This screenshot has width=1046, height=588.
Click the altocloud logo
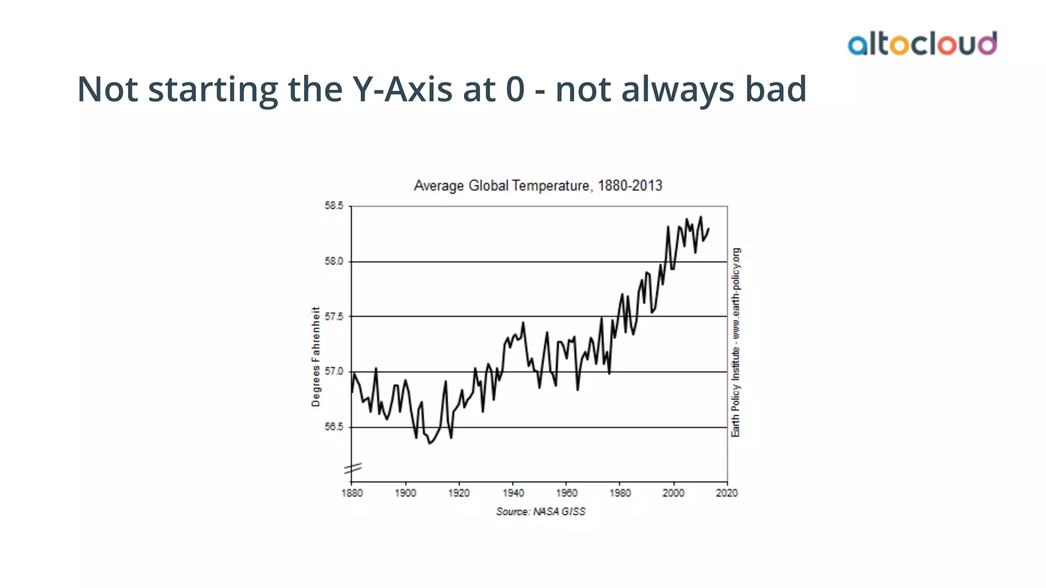tap(922, 43)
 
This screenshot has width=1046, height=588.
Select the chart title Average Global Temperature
tap(538, 185)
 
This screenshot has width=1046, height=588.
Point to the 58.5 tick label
tap(334, 206)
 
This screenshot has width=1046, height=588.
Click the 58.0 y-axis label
tap(334, 261)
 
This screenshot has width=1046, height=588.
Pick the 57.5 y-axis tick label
tap(334, 316)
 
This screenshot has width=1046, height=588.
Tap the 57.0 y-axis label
tap(334, 372)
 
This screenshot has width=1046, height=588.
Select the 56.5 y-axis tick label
tap(334, 427)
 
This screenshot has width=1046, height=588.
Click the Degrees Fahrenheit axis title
tap(316, 356)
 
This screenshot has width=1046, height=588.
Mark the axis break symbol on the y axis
tap(352, 469)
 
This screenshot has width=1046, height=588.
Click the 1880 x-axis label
tap(352, 493)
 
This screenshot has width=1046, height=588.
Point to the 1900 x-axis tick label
tap(406, 493)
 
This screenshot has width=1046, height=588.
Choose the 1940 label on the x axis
tap(513, 493)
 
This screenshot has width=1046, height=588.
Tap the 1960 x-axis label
tap(566, 493)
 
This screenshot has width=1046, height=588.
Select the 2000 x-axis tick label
tap(673, 493)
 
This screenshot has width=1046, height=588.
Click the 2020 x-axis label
tap(727, 493)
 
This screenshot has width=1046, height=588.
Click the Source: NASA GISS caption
tap(540, 511)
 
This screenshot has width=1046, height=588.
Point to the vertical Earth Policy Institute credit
tap(735, 342)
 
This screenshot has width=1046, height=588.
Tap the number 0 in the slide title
tap(515, 89)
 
